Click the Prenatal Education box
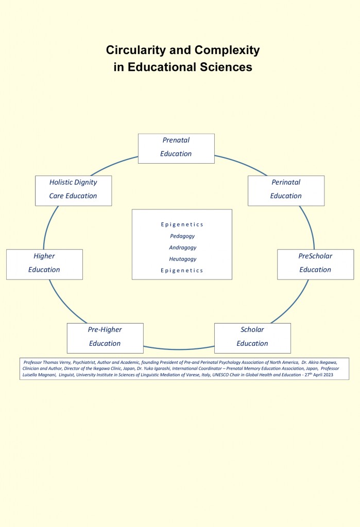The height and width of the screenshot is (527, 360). (176, 149)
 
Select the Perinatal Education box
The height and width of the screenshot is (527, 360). (286, 190)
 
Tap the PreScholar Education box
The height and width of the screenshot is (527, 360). (315, 265)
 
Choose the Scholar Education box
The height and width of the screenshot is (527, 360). (252, 338)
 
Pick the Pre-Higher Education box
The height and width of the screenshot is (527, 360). (105, 338)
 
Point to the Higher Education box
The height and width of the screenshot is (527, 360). (44, 265)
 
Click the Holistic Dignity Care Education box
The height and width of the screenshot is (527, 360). (73, 190)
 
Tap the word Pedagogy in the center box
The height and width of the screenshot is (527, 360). (182, 236)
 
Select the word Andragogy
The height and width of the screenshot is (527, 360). (183, 248)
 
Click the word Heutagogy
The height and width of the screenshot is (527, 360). (183, 259)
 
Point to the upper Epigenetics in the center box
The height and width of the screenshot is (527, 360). (182, 224)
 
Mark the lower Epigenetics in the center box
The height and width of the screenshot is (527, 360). (182, 271)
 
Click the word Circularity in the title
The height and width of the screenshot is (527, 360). (136, 50)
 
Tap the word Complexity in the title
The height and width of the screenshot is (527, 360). (227, 50)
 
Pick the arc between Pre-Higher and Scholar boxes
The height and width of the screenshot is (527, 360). (179, 349)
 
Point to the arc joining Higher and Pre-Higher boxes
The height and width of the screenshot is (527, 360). (65, 304)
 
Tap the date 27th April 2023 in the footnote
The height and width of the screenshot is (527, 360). (319, 375)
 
